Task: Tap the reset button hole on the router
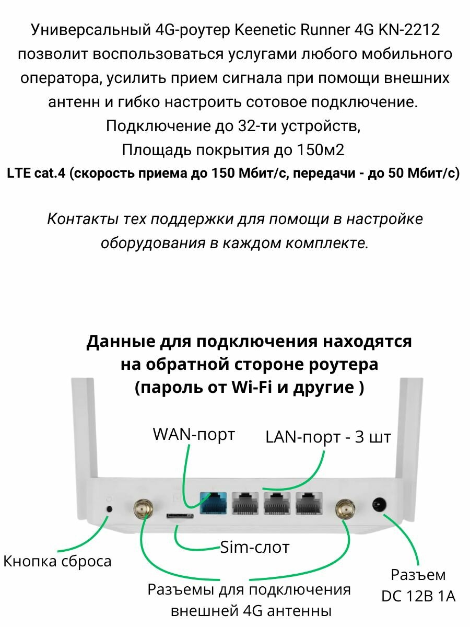[109, 509]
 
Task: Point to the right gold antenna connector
[344, 507]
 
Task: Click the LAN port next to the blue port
[245, 503]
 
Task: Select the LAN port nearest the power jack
[310, 503]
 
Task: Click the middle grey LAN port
[277, 503]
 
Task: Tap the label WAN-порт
[194, 434]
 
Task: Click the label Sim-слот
[255, 547]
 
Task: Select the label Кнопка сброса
[57, 561]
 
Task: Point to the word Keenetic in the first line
[271, 30]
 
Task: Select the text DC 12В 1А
[418, 596]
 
